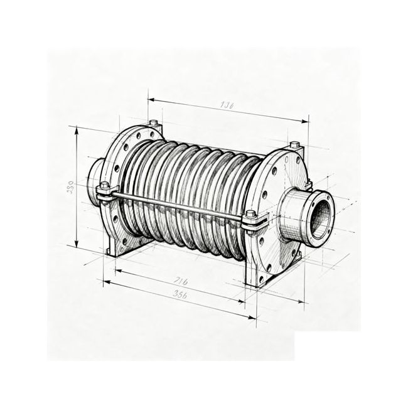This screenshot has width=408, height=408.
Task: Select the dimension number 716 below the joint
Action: click(180, 281)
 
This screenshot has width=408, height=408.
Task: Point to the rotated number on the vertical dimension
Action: click(70, 186)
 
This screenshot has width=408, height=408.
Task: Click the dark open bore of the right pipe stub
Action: click(321, 217)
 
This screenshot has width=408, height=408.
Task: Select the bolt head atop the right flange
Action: click(294, 145)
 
